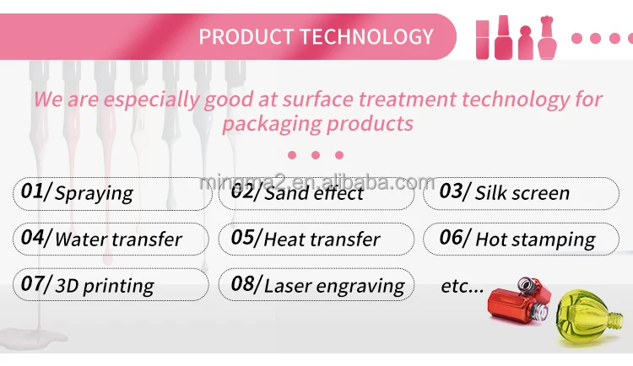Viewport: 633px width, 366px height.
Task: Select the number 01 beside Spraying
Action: pyautogui.click(x=32, y=191)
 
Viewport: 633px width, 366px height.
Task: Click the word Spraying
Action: pyautogui.click(x=94, y=193)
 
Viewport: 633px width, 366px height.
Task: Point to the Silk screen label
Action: pyautogui.click(x=522, y=193)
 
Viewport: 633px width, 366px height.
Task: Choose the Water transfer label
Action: pyautogui.click(x=118, y=240)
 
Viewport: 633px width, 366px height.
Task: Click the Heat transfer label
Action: pyautogui.click(x=322, y=240)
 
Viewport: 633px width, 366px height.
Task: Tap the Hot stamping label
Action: pyautogui.click(x=535, y=240)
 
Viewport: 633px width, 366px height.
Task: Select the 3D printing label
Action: pyautogui.click(x=104, y=287)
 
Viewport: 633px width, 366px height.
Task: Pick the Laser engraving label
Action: pyautogui.click(x=334, y=287)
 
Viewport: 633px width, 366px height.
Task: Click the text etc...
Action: pyautogui.click(x=463, y=286)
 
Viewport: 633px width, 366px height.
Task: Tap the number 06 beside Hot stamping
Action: pyautogui.click(x=451, y=237)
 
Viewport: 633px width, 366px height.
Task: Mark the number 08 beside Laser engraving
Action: pyautogui.click(x=242, y=283)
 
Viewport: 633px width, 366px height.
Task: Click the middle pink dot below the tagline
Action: pyautogui.click(x=316, y=155)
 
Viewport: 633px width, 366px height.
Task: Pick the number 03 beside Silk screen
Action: pyautogui.click(x=451, y=191)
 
